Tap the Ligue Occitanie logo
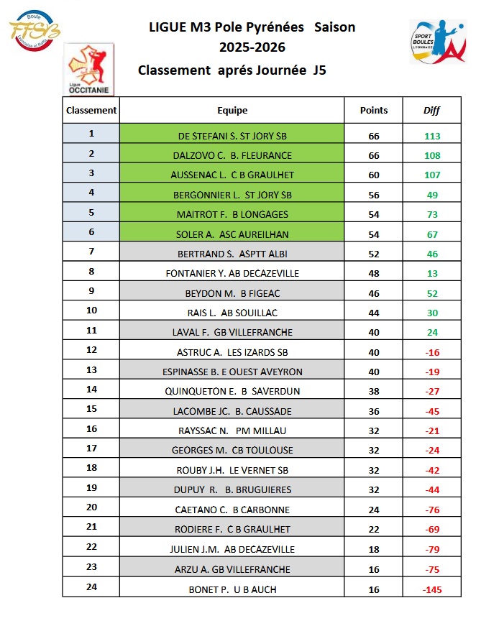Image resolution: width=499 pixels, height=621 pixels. pyautogui.click(x=88, y=69)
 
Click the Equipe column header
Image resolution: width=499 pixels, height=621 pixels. pyautogui.click(x=232, y=111)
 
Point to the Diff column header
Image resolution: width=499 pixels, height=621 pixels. pyautogui.click(x=431, y=111)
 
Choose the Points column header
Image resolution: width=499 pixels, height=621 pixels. pyautogui.click(x=374, y=111)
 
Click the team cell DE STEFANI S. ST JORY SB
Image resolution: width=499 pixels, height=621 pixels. pyautogui.click(x=232, y=135)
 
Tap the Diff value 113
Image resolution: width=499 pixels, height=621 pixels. pyautogui.click(x=431, y=135)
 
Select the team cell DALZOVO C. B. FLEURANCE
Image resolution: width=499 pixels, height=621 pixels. pyautogui.click(x=232, y=155)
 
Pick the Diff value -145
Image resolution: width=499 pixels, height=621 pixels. pyautogui.click(x=431, y=590)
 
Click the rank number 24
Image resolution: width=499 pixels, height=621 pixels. pyautogui.click(x=91, y=589)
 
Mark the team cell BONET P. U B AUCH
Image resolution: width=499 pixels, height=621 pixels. pyautogui.click(x=232, y=590)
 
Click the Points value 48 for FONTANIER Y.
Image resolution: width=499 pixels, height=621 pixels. pyautogui.click(x=374, y=273)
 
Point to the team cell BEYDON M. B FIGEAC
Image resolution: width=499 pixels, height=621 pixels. pyautogui.click(x=232, y=293)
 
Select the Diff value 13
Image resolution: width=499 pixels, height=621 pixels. pyautogui.click(x=431, y=273)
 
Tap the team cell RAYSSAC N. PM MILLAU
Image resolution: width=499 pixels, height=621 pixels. pyautogui.click(x=232, y=431)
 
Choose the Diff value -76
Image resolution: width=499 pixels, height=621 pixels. pyautogui.click(x=431, y=510)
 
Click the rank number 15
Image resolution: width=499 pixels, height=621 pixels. pyautogui.click(x=91, y=409)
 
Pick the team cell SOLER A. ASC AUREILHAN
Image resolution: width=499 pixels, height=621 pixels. pyautogui.click(x=232, y=234)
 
